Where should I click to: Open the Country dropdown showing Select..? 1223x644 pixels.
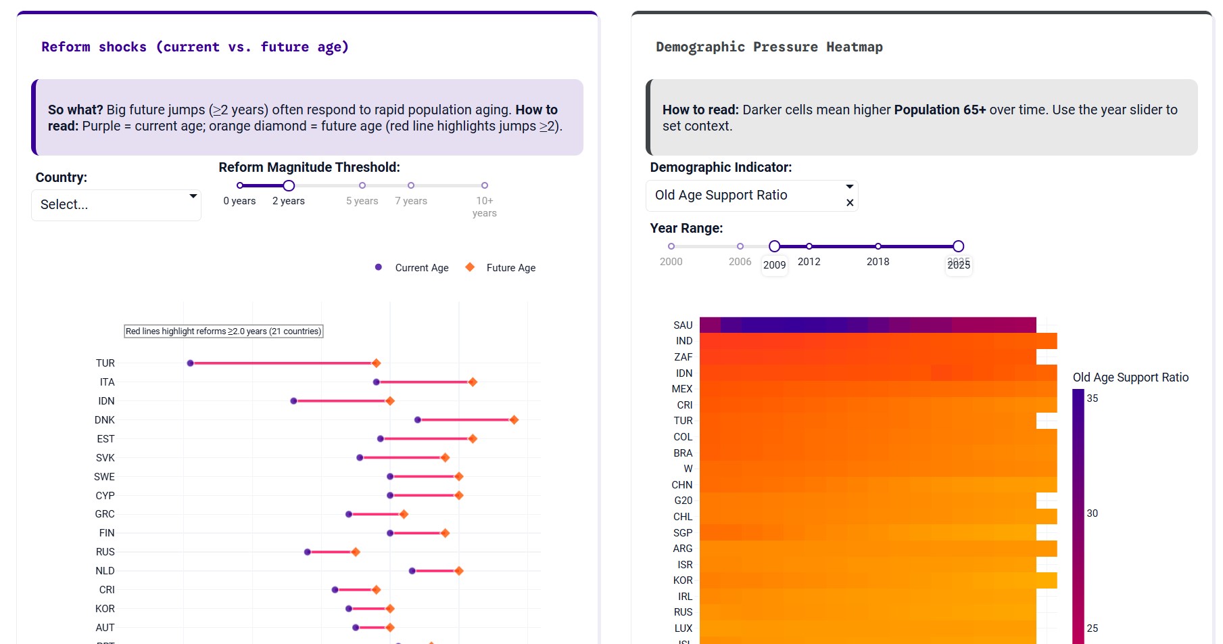coord(116,204)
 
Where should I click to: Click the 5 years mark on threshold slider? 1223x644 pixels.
coord(362,185)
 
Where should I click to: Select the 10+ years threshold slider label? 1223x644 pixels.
coord(484,206)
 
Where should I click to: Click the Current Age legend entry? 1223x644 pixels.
coord(421,268)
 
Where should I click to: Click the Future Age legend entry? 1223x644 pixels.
coord(510,268)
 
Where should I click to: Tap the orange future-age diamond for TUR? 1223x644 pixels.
coord(377,363)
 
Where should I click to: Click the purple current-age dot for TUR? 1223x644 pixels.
coord(191,363)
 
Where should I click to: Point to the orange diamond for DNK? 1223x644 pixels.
coord(514,420)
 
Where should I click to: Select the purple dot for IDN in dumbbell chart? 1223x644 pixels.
coord(293,401)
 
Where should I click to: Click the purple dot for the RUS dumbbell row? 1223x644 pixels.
coord(308,552)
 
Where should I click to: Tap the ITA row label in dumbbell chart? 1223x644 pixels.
coord(107,382)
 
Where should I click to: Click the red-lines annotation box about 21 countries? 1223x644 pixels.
coord(223,331)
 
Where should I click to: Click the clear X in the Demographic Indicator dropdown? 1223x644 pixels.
coord(850,203)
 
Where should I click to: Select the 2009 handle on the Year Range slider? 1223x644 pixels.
coord(775,246)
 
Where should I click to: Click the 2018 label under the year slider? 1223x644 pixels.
coord(878,262)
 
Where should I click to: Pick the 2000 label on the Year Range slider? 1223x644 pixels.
coord(671,262)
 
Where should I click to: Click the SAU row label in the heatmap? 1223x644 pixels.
coord(683,325)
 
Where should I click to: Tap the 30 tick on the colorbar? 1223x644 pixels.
coord(1092,513)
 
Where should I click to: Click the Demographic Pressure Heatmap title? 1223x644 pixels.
coord(769,47)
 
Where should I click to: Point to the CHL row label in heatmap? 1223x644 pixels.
coord(683,517)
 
